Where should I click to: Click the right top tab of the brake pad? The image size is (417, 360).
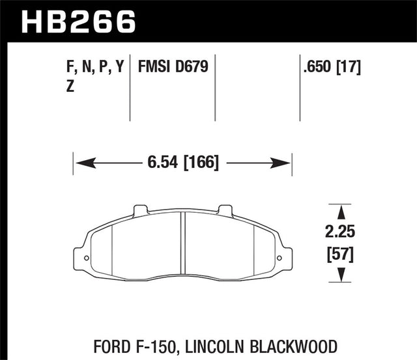(x=225, y=210)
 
